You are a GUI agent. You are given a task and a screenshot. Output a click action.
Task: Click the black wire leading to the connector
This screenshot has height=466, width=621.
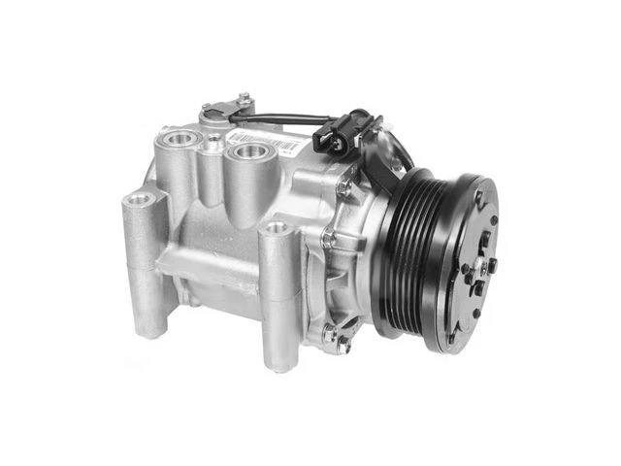tap(286, 119)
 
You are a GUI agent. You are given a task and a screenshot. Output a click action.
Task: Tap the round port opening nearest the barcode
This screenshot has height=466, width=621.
tap(248, 151)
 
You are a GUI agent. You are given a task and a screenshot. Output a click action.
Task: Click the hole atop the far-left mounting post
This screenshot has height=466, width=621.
tap(141, 199)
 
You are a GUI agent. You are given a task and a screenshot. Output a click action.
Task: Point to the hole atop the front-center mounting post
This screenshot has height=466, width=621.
tap(278, 229)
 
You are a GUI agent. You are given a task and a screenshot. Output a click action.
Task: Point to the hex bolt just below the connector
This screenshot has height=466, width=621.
tap(344, 184)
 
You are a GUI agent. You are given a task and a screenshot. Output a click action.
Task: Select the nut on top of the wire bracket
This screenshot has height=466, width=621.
tap(244, 99)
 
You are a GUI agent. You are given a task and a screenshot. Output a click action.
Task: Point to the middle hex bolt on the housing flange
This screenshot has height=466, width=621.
tap(329, 236)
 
